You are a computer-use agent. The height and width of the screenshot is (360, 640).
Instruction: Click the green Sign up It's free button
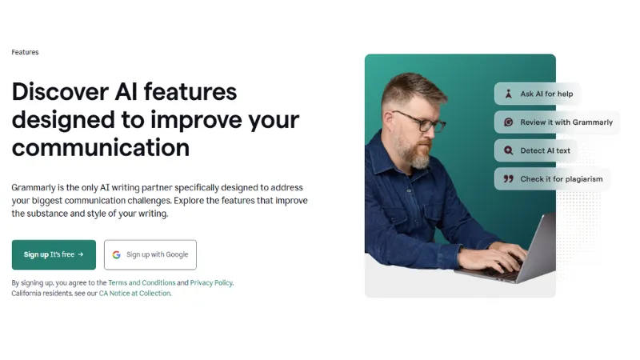coord(54,254)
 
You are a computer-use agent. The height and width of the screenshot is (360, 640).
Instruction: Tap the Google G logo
coord(117,254)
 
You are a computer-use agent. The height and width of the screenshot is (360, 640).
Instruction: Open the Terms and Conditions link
coord(142,282)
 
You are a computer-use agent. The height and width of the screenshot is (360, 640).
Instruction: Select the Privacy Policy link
coord(211,282)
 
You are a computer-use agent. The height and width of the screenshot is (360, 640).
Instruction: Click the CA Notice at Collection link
coord(134,294)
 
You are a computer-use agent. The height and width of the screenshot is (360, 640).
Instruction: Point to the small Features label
coord(25,53)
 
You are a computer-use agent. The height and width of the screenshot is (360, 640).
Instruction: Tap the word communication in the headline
coord(100,148)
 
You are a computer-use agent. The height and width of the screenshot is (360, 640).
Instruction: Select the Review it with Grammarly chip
coord(557,122)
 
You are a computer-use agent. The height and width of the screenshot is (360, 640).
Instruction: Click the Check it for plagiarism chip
coord(552,179)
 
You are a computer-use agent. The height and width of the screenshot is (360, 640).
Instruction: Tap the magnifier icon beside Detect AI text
coord(508,150)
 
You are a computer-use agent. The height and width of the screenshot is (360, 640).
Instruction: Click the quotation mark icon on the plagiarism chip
coord(508,179)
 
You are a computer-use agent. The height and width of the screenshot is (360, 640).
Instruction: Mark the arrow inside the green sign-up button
coord(81,254)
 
